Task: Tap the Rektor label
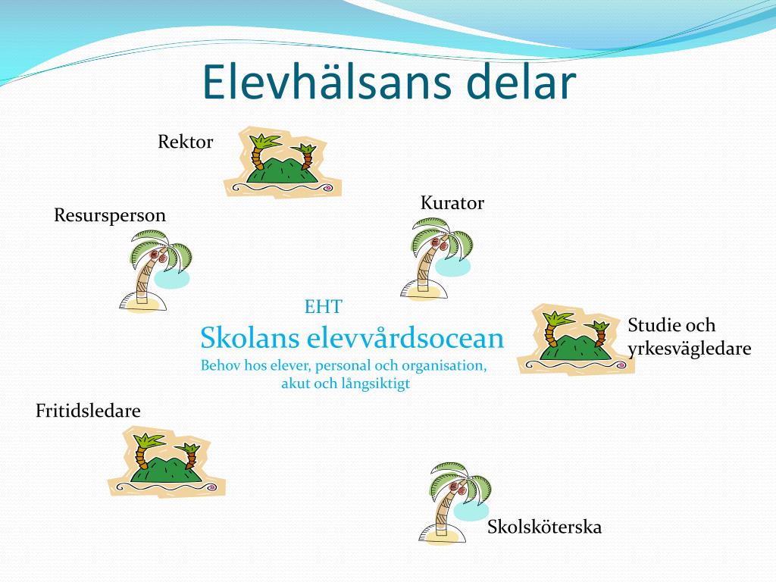(x=185, y=142)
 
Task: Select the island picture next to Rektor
(x=283, y=162)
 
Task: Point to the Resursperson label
(x=110, y=216)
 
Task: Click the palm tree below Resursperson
(x=155, y=271)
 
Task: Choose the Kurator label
(x=452, y=203)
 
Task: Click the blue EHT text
(x=323, y=307)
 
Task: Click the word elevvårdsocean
(x=405, y=339)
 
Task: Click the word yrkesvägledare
(x=690, y=349)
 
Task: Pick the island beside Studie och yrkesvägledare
(x=576, y=339)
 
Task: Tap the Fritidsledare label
(x=88, y=411)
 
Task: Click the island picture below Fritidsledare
(x=167, y=462)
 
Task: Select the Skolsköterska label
(x=544, y=527)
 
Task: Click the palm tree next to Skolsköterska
(x=455, y=503)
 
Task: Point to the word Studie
(x=654, y=325)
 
